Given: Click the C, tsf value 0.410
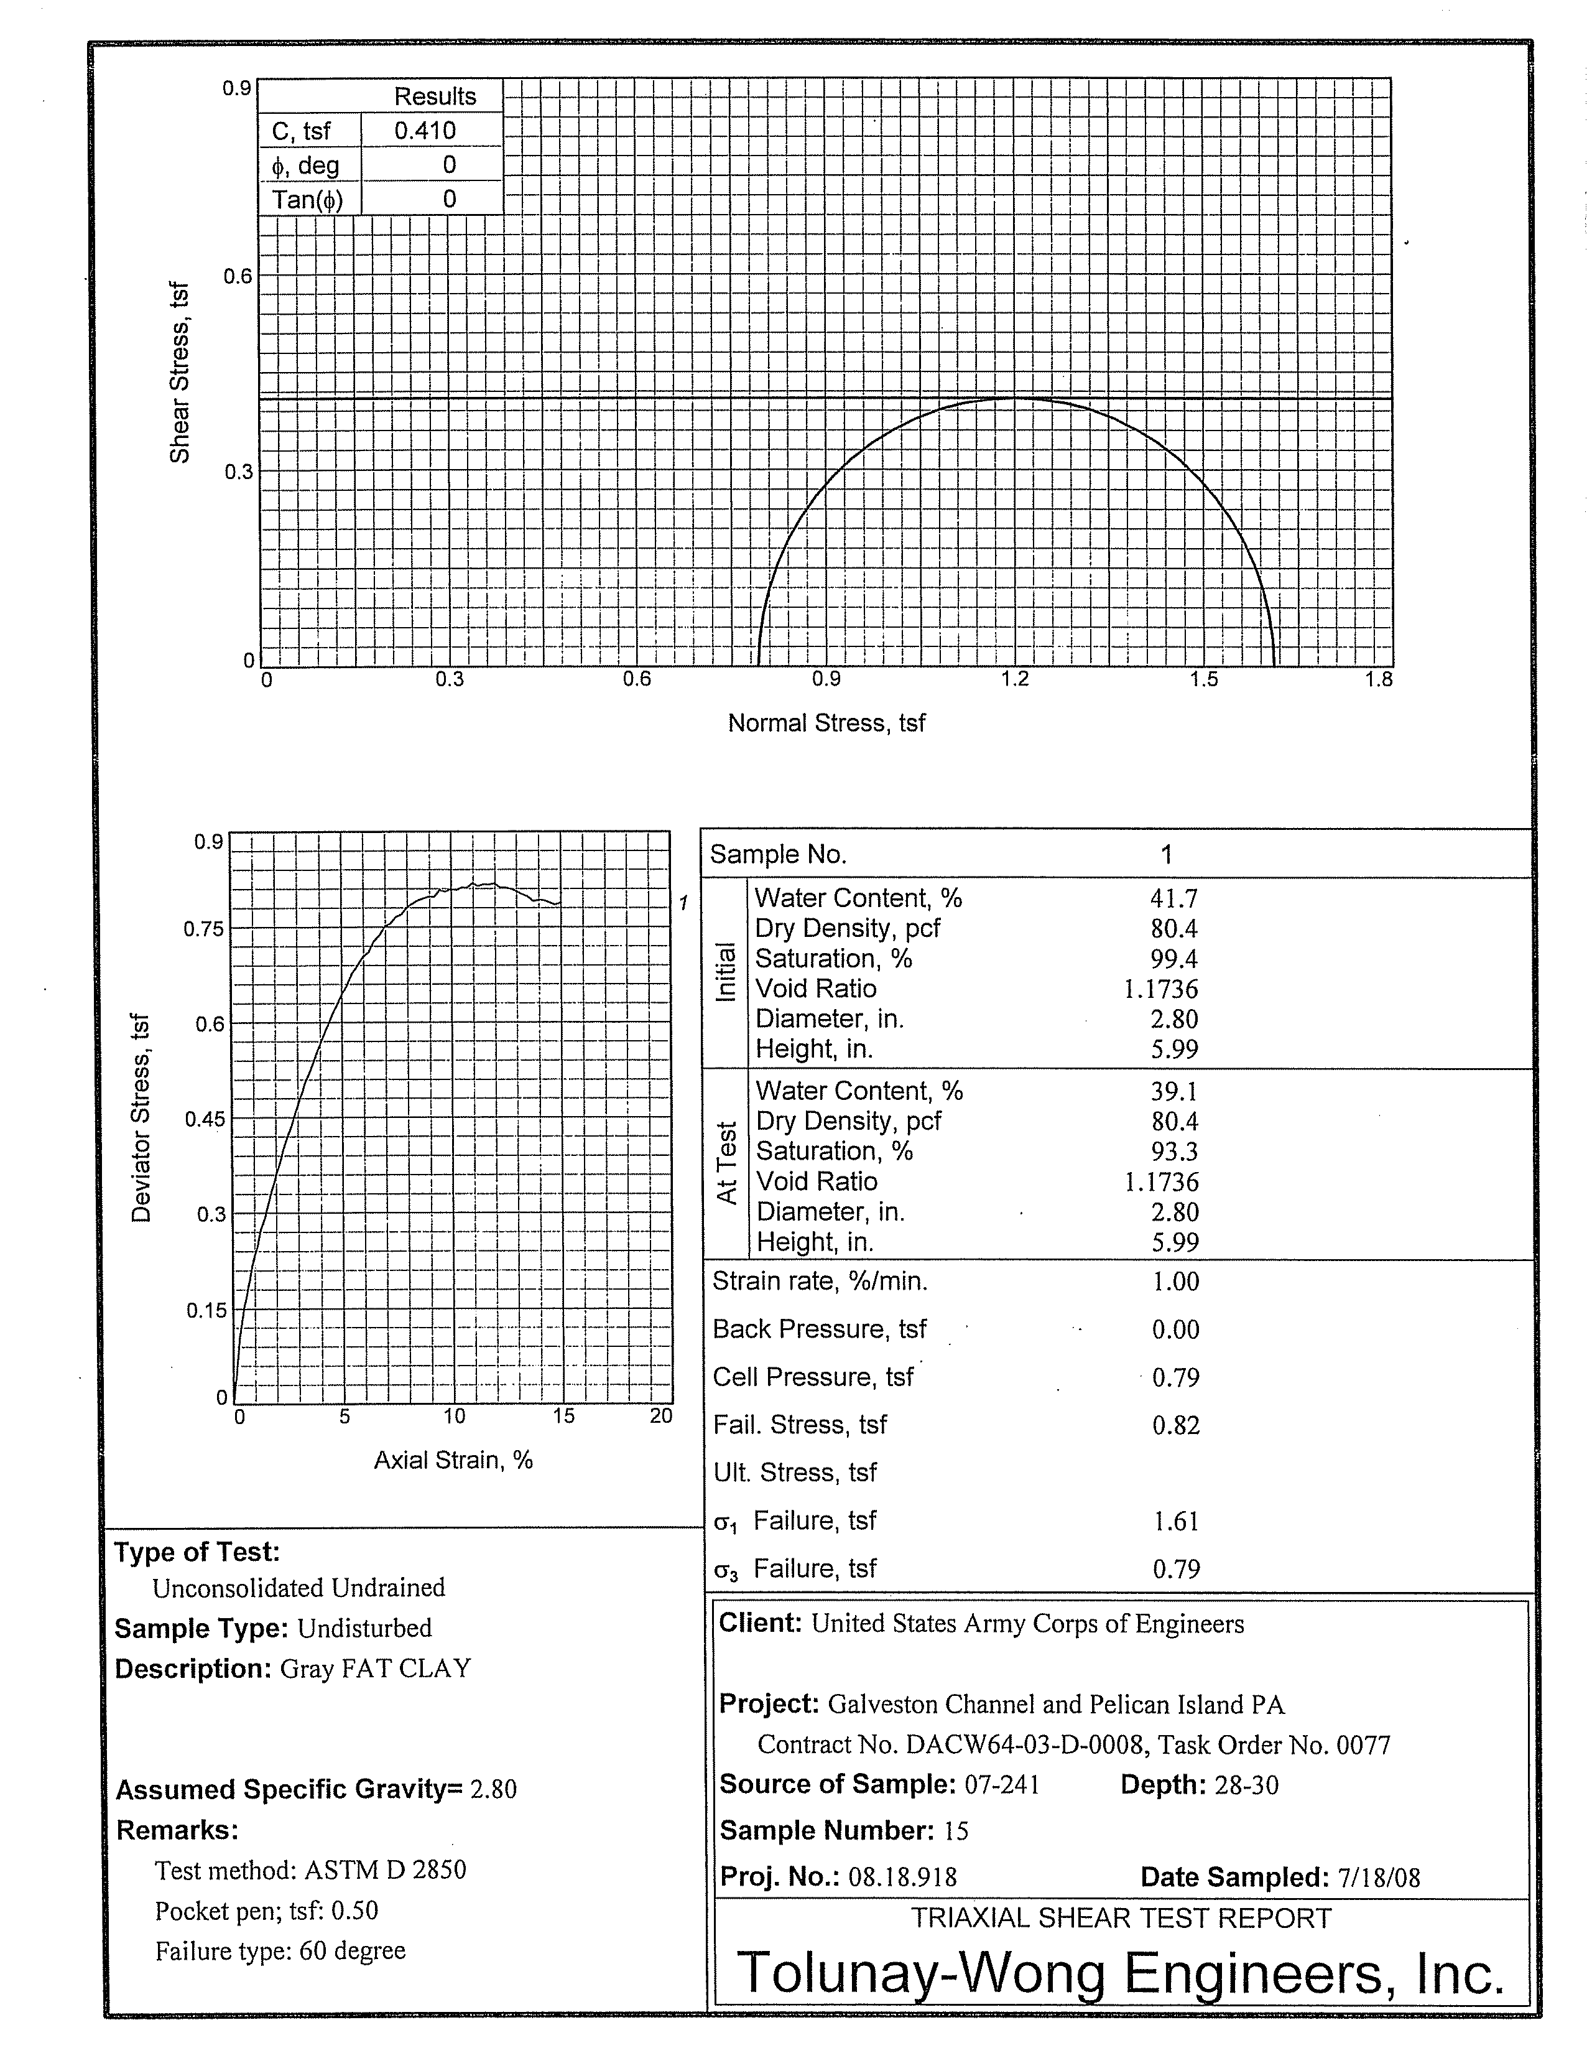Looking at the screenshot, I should pyautogui.click(x=425, y=131).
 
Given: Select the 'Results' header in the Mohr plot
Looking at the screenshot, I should pyautogui.click(x=434, y=96).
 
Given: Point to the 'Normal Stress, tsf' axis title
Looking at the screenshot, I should pyautogui.click(x=826, y=723).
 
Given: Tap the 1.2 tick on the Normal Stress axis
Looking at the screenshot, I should pyautogui.click(x=1015, y=679).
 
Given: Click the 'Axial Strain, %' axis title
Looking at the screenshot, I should pyautogui.click(x=453, y=1460).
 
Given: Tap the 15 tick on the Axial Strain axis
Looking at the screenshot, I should pyautogui.click(x=563, y=1416).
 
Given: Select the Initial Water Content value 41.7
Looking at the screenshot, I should pyautogui.click(x=1174, y=899).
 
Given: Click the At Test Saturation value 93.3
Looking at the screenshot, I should pyautogui.click(x=1174, y=1152).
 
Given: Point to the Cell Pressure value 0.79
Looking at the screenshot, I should pyautogui.click(x=1176, y=1378).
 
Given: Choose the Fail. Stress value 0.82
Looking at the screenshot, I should pyautogui.click(x=1176, y=1426).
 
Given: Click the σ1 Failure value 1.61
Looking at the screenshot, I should pyautogui.click(x=1176, y=1521).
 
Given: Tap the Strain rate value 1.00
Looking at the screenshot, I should pyautogui.click(x=1176, y=1282).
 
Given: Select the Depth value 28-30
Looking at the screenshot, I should pyautogui.click(x=1246, y=1785).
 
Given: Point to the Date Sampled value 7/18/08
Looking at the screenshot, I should pyautogui.click(x=1377, y=1878).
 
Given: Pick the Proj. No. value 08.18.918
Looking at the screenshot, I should pyautogui.click(x=902, y=1878).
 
